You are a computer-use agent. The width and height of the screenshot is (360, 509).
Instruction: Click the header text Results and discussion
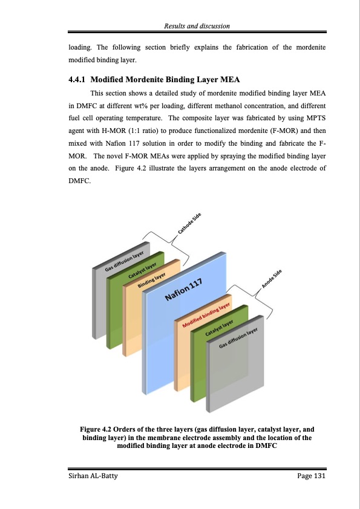197,25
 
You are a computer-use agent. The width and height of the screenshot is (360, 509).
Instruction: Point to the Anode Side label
272,279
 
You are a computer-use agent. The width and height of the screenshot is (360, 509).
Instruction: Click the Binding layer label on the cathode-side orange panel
151,279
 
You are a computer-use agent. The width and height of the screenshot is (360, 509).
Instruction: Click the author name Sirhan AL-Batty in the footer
92,477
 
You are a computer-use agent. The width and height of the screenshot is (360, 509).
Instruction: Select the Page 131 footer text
311,477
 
